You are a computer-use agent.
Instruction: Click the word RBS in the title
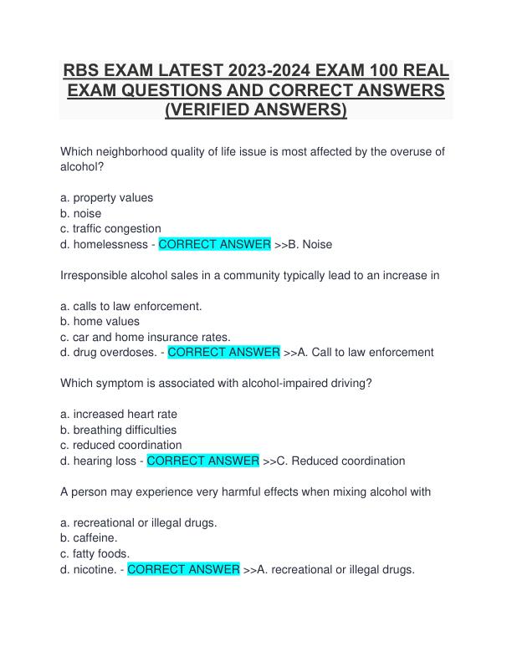tap(83, 70)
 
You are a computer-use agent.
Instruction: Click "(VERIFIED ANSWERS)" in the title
tap(256, 109)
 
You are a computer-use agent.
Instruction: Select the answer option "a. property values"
tap(107, 198)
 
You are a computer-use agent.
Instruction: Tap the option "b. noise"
tap(81, 213)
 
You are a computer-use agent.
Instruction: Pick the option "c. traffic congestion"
tap(111, 228)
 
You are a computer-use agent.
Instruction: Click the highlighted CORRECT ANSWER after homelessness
tap(214, 244)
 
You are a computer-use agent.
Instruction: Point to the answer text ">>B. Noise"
tap(304, 244)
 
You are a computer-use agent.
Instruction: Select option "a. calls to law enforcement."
tap(131, 306)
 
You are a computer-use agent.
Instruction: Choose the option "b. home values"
tap(100, 321)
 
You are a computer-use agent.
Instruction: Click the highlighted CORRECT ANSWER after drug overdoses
tap(224, 352)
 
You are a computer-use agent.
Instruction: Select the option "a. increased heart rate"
tap(119, 414)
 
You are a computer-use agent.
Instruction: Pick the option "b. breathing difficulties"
tap(119, 430)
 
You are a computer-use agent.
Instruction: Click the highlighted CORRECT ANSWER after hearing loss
tap(202, 461)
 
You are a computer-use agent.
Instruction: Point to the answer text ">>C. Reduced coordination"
tap(334, 461)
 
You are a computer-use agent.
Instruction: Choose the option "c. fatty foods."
tap(95, 553)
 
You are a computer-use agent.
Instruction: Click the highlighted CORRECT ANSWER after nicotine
tap(183, 569)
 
